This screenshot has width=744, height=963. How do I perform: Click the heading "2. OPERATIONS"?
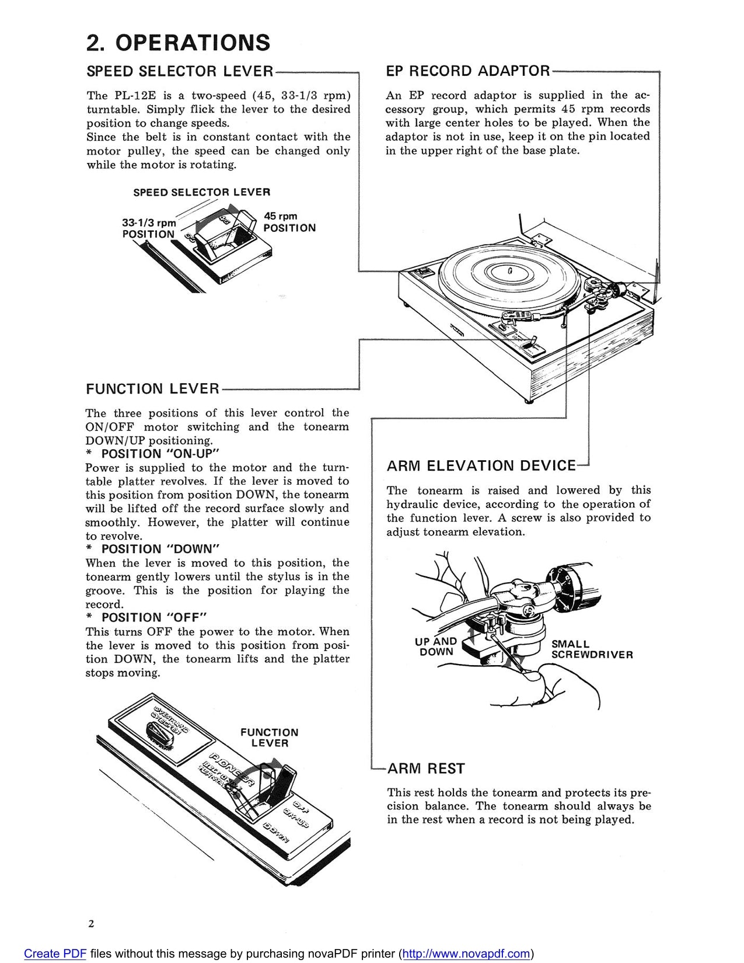click(178, 43)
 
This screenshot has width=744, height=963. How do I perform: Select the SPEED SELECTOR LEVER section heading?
click(180, 71)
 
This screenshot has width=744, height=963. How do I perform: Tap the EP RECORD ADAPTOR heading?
click(467, 71)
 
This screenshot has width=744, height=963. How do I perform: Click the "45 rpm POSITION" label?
click(289, 223)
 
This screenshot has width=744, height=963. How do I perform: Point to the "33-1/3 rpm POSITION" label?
click(149, 228)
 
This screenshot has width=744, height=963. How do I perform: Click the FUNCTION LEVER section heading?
click(152, 389)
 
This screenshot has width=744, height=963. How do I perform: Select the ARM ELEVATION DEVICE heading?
click(481, 466)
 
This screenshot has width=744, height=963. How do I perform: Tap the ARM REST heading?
click(426, 769)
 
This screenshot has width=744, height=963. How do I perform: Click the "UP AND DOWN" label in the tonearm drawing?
click(436, 646)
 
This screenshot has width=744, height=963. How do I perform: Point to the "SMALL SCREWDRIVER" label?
click(591, 649)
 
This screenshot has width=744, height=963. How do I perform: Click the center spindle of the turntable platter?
click(509, 271)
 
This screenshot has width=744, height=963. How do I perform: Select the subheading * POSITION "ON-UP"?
click(152, 454)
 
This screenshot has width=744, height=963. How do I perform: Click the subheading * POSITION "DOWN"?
click(152, 549)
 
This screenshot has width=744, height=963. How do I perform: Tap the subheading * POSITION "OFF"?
click(146, 617)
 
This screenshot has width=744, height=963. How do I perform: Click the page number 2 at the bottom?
click(91, 923)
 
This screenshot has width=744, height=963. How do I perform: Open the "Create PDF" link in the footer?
click(55, 954)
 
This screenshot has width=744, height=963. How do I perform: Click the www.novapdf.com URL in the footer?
click(466, 954)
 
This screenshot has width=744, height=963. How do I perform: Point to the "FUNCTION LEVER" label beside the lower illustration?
click(269, 738)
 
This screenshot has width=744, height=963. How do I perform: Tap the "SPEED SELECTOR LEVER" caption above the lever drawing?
click(201, 192)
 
